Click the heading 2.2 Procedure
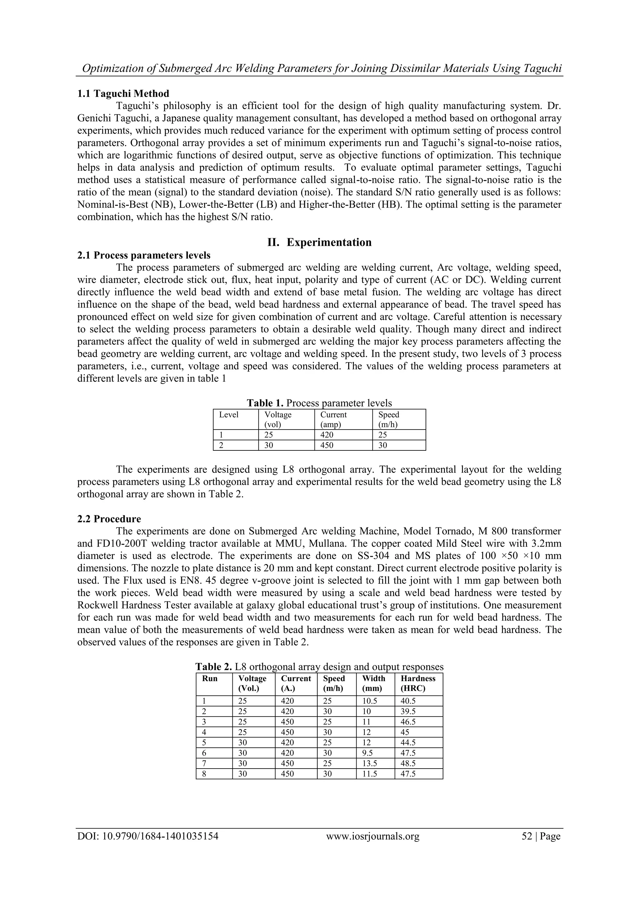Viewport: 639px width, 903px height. pyautogui.click(x=109, y=519)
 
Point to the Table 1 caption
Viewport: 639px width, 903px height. pyautogui.click(x=319, y=403)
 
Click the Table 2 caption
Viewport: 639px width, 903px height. pyautogui.click(x=319, y=667)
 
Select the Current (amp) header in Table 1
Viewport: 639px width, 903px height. pyautogui.click(x=333, y=419)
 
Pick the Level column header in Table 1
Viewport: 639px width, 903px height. pyautogui.click(x=229, y=415)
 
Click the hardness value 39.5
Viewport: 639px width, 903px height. pyautogui.click(x=408, y=711)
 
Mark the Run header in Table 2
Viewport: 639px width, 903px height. pyautogui.click(x=210, y=678)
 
